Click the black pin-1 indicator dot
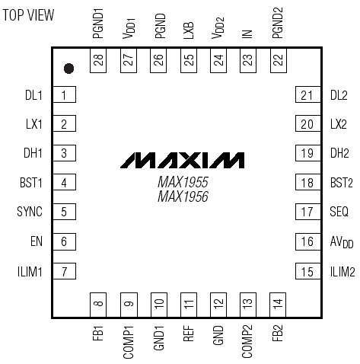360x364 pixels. (x=68, y=69)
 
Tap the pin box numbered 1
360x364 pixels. (x=64, y=94)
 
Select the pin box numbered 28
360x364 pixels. (x=98, y=60)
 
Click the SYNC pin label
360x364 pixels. (x=30, y=212)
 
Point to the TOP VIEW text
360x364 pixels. (x=28, y=15)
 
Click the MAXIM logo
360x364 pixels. (x=182, y=160)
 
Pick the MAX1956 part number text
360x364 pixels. (x=183, y=196)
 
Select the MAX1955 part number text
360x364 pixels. (x=183, y=182)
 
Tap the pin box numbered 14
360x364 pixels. (x=278, y=305)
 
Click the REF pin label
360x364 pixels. (x=189, y=334)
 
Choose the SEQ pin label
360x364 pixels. (x=339, y=212)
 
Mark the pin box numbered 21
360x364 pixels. (x=308, y=94)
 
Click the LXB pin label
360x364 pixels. (x=189, y=30)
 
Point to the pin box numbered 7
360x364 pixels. (x=64, y=271)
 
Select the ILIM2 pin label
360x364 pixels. (x=342, y=272)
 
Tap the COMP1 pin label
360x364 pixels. (x=129, y=342)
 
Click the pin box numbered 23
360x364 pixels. (x=248, y=60)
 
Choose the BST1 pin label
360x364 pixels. (x=31, y=183)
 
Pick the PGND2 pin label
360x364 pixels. (x=278, y=23)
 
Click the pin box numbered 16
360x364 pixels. (x=308, y=241)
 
